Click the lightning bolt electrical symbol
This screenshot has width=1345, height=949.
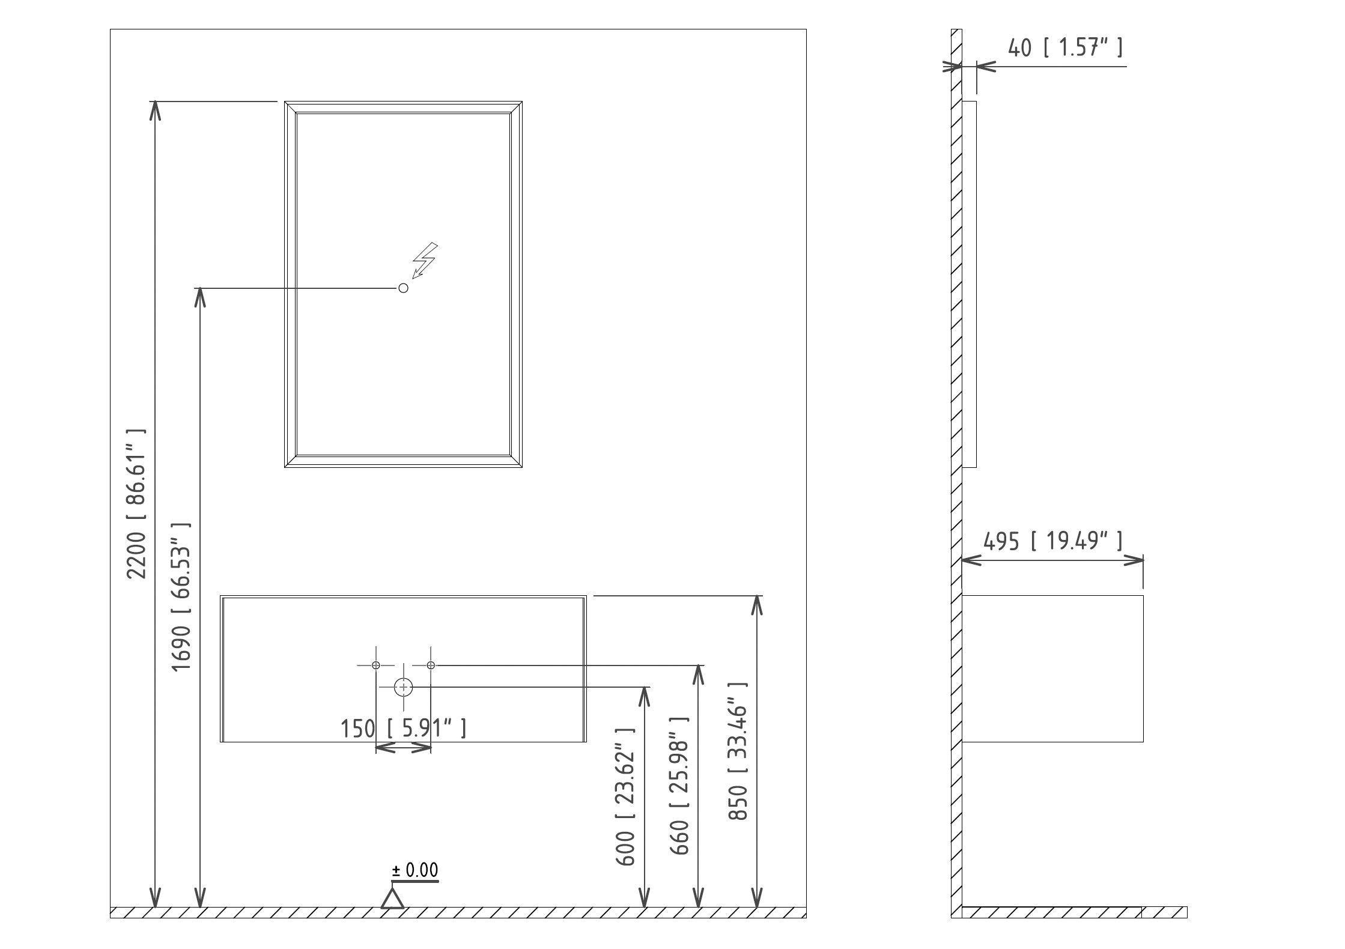[425, 260]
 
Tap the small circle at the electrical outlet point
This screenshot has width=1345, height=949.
[404, 288]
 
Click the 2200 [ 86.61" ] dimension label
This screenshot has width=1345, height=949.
[136, 504]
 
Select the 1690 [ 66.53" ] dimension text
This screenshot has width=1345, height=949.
[181, 597]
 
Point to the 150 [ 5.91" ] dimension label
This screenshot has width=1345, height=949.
[403, 729]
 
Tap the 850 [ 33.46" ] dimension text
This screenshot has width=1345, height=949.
[738, 751]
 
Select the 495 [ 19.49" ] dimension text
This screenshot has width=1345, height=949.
[1052, 541]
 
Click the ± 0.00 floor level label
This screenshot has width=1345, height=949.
[415, 870]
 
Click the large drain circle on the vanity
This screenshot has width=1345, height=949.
[404, 687]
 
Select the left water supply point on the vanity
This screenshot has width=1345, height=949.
[376, 665]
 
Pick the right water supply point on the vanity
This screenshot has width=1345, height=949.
[431, 665]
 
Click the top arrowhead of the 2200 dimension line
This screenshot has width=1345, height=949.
[156, 111]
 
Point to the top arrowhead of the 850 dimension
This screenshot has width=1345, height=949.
[757, 605]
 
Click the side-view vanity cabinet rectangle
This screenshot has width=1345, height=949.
[1052, 669]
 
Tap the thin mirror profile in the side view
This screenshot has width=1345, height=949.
[969, 284]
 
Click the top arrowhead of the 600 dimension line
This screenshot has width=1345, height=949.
[644, 697]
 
